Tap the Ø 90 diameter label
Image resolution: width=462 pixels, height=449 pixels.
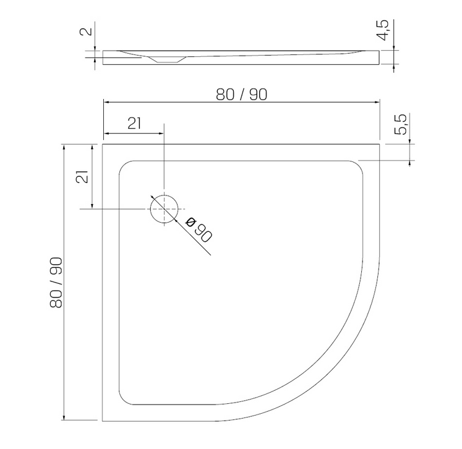pos(199,229)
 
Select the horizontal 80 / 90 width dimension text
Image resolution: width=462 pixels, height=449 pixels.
pos(242,95)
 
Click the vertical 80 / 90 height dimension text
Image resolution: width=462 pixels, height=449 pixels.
pos(56,283)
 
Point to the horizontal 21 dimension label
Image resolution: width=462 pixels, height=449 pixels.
pos(134,124)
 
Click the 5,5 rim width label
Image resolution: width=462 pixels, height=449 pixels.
pos(401,124)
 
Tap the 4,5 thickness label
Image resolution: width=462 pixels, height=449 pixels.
pos(383,30)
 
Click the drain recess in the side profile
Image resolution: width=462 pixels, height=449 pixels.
pos(167,59)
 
